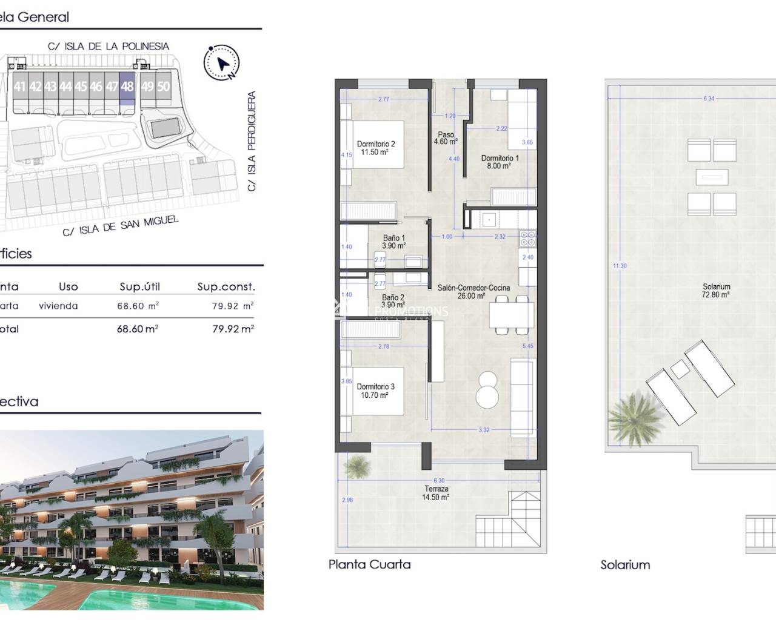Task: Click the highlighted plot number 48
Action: [x=127, y=87]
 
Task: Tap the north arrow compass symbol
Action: [x=222, y=62]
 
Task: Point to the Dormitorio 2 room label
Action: [x=376, y=148]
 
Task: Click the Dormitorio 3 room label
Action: [x=376, y=391]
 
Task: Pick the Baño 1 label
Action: [x=394, y=242]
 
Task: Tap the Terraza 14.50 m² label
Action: [x=436, y=493]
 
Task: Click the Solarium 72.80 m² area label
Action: [x=716, y=291]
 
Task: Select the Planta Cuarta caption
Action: [x=369, y=564]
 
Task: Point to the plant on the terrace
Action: [x=357, y=466]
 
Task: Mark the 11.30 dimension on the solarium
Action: [x=619, y=266]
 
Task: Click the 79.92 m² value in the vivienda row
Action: [x=233, y=306]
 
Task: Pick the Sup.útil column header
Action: [x=139, y=287]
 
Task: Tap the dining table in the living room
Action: [x=511, y=315]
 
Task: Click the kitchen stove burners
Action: [x=527, y=239]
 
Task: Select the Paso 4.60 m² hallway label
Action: [x=446, y=138]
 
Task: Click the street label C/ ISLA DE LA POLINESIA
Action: [x=109, y=46]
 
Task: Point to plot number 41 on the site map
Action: [x=20, y=87]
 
